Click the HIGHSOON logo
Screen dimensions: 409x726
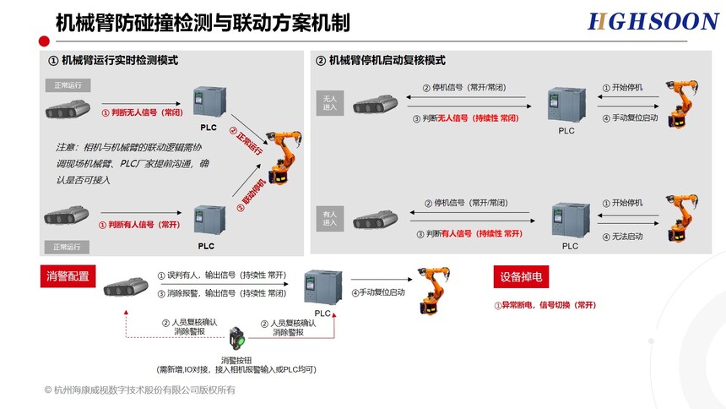click(x=653, y=21)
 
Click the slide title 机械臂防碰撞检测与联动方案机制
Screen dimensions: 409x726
click(x=202, y=22)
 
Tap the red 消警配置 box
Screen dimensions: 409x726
click(x=68, y=275)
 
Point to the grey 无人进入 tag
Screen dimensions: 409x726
click(x=329, y=102)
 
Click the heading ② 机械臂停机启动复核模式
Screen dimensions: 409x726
click(x=380, y=61)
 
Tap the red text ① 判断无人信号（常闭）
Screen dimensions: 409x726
click(x=142, y=112)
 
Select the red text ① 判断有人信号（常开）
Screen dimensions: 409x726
click(x=141, y=225)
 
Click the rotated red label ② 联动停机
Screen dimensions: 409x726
click(x=252, y=193)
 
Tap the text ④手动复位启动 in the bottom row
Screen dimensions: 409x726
click(x=377, y=292)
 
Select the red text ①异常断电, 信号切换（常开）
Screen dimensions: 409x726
click(x=545, y=305)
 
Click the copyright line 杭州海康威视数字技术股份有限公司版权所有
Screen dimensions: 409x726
click(x=140, y=390)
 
